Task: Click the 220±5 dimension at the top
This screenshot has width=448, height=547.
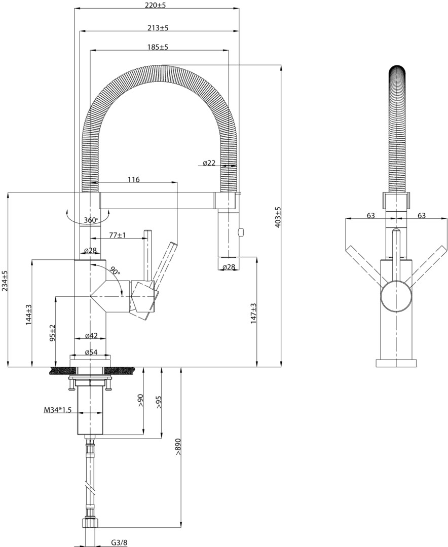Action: (x=156, y=6)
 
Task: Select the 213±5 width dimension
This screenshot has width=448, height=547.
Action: (x=158, y=27)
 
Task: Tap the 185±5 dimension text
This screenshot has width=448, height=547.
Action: (x=158, y=47)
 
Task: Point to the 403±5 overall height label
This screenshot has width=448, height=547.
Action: (x=278, y=217)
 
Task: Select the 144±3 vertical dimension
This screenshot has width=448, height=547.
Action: (x=28, y=315)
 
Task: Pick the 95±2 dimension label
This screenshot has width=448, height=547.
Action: (x=53, y=333)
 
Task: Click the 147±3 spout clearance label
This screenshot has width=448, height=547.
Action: (x=253, y=313)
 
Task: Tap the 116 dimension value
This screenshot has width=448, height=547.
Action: (x=133, y=179)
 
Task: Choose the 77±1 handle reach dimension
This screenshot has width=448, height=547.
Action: (x=118, y=235)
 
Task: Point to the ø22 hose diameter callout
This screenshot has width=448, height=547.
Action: (x=209, y=163)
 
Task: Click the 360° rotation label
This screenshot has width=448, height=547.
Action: (x=91, y=220)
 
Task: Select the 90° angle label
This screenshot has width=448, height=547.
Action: (x=115, y=269)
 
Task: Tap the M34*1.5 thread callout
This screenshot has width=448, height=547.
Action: (x=58, y=410)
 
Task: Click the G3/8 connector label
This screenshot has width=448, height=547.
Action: (x=120, y=542)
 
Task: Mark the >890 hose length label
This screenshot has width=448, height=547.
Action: (x=178, y=446)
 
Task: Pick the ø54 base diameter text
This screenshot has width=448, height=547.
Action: (x=91, y=353)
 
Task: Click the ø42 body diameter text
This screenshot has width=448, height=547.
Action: (x=91, y=336)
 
